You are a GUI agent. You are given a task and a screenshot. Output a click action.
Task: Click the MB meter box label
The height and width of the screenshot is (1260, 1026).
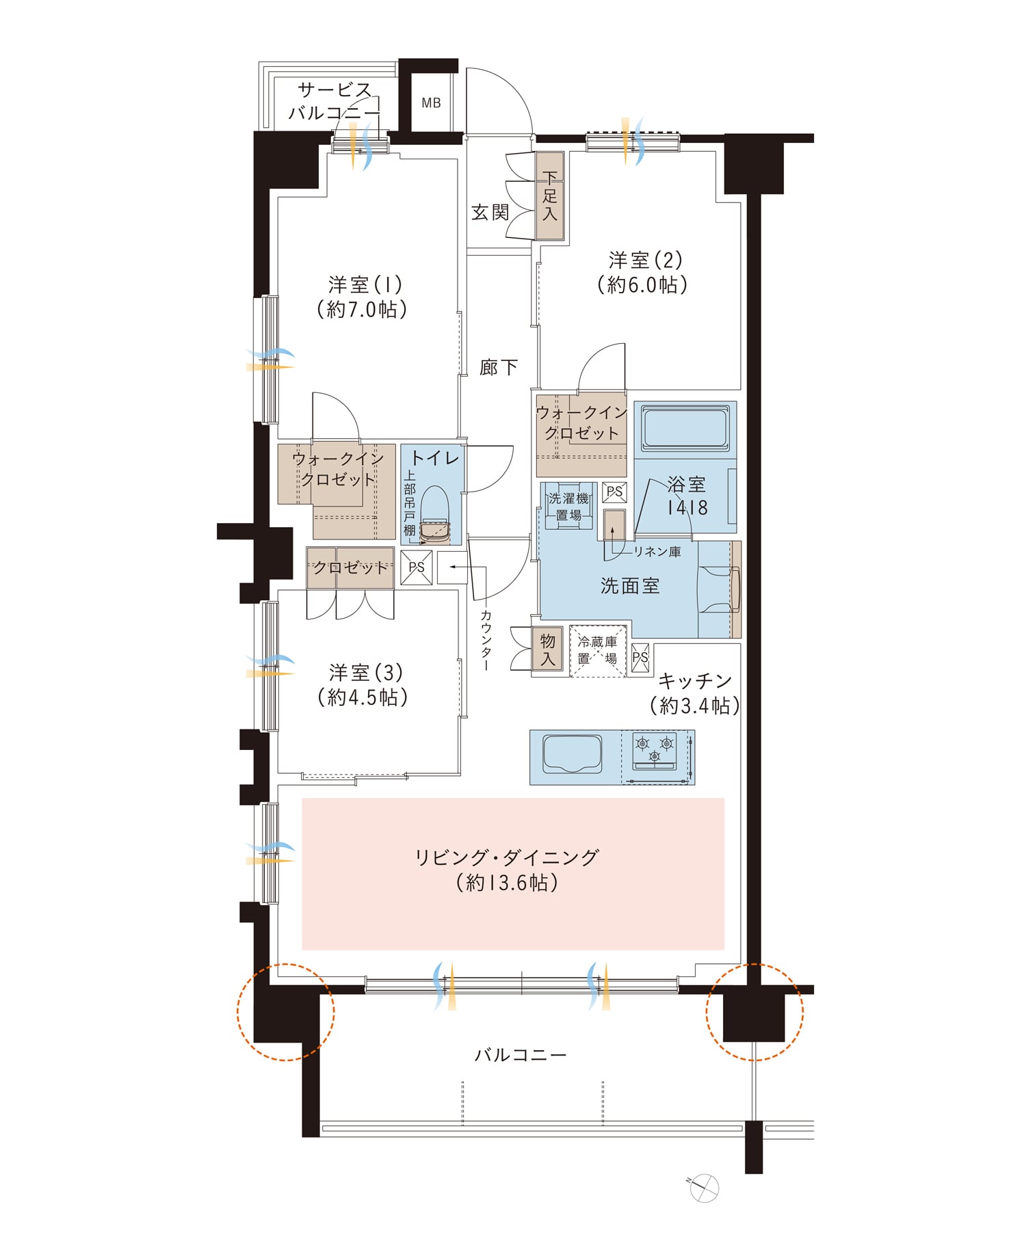point(431,103)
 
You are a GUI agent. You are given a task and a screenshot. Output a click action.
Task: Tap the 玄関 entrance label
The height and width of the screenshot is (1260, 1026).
point(490,213)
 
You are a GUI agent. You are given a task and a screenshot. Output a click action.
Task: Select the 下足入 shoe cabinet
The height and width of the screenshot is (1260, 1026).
point(550,196)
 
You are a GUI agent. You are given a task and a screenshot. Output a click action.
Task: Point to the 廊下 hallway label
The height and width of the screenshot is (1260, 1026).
point(498,368)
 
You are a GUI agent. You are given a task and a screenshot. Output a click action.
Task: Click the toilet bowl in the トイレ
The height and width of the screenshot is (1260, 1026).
point(434,515)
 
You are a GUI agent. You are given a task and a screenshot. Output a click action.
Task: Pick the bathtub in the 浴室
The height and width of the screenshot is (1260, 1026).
point(685,429)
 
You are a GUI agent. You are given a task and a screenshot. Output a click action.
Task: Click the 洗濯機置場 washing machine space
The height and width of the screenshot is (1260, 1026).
point(568,507)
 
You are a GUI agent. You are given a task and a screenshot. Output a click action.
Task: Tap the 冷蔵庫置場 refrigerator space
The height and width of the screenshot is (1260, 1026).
point(598,651)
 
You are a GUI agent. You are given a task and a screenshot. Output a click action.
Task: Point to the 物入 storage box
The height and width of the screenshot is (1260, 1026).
point(548,650)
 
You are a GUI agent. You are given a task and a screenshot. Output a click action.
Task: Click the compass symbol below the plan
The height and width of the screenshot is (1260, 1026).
point(704,1188)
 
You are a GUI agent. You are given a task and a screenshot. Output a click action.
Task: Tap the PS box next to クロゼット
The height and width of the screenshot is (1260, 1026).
point(417,567)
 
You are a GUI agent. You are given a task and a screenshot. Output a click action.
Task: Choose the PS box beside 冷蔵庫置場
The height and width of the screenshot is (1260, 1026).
point(640,658)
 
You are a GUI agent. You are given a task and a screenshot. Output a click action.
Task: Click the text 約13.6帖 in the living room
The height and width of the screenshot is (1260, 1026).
point(507,883)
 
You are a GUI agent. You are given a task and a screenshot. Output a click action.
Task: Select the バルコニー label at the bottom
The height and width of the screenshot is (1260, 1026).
point(521,1055)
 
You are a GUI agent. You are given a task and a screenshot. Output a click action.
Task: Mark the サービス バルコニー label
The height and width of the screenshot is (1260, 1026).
point(334,101)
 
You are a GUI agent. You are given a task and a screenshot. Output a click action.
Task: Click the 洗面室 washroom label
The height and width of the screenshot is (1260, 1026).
point(630,586)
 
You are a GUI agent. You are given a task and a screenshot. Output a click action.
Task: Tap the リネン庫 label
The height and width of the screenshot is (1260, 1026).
point(657,552)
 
